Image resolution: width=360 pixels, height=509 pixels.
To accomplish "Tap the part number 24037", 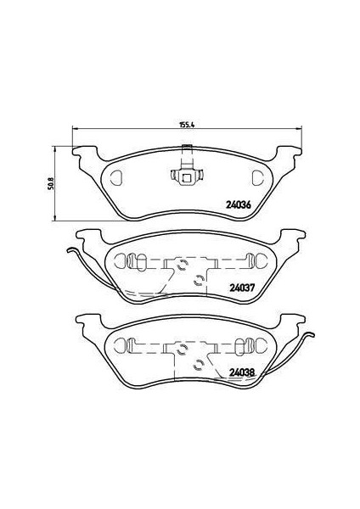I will pyautogui.click(x=242, y=286).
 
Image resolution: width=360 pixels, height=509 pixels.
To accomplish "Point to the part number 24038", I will pyautogui.click(x=242, y=371).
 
